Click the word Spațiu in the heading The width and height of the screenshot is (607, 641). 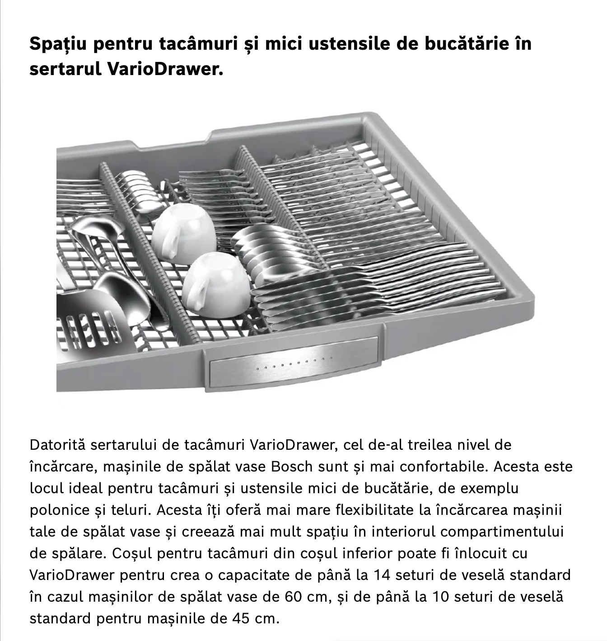(x=58, y=44)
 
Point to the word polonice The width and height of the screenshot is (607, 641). (x=59, y=509)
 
